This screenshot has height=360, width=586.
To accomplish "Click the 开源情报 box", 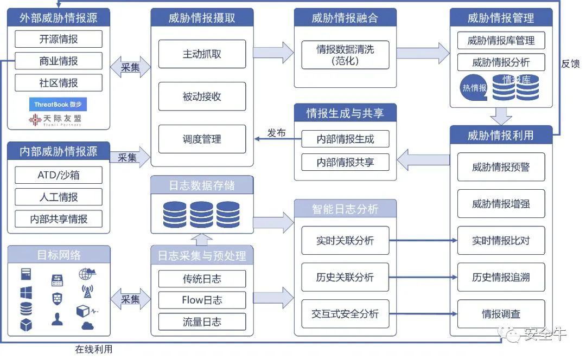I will click(59, 39).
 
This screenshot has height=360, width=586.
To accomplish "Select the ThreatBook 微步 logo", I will click(58, 105).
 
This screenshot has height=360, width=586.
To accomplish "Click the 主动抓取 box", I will click(202, 54).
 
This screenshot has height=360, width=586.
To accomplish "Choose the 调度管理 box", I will click(202, 139).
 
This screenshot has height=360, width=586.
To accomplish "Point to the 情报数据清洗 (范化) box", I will click(345, 55).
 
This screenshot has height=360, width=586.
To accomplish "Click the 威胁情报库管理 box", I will click(501, 41).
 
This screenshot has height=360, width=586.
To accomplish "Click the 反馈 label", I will click(570, 63).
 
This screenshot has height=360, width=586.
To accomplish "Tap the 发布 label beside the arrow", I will click(276, 133).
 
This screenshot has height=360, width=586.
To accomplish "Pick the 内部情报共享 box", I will click(345, 162).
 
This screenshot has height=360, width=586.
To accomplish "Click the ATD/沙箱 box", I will click(59, 175).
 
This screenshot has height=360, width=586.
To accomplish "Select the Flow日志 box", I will click(202, 300).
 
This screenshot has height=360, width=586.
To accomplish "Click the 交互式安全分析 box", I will click(345, 314).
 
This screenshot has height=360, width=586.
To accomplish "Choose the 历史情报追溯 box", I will click(501, 278).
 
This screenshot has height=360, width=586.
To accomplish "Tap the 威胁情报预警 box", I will click(501, 168).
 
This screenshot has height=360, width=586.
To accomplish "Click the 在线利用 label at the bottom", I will click(93, 350).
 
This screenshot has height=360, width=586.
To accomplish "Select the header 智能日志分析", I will click(345, 209).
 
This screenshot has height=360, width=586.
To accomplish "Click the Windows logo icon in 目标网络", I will click(26, 293).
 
